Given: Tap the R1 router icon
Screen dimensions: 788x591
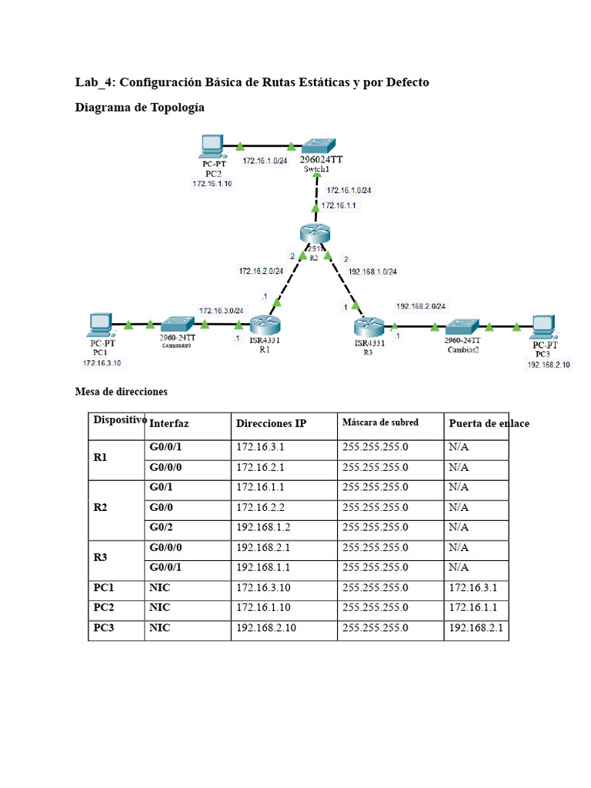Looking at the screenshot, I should (265, 326).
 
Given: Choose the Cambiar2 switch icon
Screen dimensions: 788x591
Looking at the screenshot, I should (462, 327).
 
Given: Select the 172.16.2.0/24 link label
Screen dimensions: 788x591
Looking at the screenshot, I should (261, 271).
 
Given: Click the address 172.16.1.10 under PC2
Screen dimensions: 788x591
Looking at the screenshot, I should (212, 184).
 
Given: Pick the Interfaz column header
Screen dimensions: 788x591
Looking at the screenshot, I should (169, 423).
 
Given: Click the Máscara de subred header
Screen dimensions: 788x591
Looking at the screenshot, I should (380, 422).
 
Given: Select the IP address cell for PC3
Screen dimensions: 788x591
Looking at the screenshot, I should (266, 628).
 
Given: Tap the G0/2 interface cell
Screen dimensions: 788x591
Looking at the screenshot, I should (162, 527).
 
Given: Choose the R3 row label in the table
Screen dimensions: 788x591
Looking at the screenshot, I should (101, 557).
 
